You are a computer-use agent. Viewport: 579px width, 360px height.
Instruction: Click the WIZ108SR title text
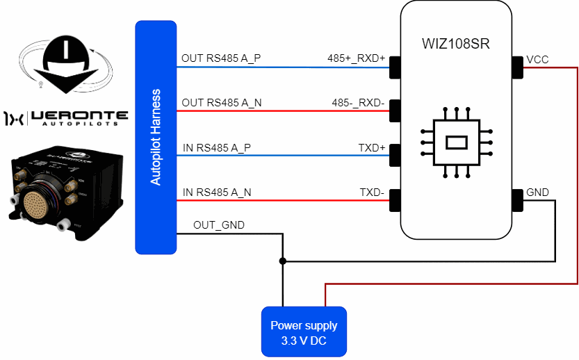pyautogui.click(x=456, y=44)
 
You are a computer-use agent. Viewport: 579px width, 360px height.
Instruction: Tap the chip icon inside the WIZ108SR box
pyautogui.click(x=456, y=142)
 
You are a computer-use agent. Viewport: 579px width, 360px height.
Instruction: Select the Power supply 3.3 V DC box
pyautogui.click(x=304, y=331)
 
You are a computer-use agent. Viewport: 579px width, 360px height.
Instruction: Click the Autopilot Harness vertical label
pyautogui.click(x=156, y=137)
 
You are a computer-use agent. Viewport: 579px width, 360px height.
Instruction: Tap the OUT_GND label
pyautogui.click(x=219, y=224)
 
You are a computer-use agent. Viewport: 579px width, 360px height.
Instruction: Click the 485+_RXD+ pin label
pyautogui.click(x=356, y=58)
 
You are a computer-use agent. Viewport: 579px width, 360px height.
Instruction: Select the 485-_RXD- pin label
pyautogui.click(x=358, y=103)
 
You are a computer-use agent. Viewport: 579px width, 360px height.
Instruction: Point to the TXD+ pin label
pyautogui.click(x=371, y=147)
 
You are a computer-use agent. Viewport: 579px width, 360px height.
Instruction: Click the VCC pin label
pyautogui.click(x=537, y=60)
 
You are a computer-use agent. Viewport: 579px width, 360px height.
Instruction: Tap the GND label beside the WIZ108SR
pyautogui.click(x=537, y=193)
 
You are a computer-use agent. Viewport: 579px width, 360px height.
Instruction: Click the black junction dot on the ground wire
pyautogui.click(x=282, y=262)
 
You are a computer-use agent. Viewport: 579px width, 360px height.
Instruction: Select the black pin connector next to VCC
pyautogui.click(x=517, y=67)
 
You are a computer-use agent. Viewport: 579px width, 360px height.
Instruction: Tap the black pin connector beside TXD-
pyautogui.click(x=395, y=200)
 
